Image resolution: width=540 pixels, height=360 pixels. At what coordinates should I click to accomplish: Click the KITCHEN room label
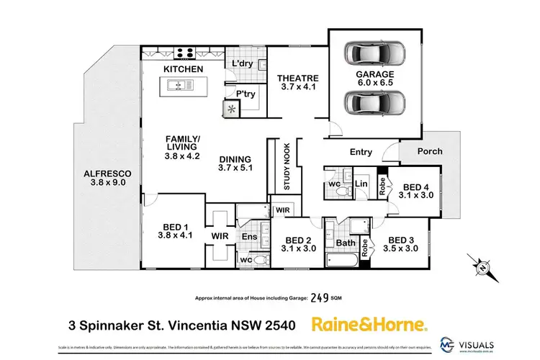coord(183,69)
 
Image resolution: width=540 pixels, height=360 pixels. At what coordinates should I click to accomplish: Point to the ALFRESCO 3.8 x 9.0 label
coord(107,177)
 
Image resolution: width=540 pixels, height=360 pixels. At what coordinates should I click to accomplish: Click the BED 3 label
coord(402,244)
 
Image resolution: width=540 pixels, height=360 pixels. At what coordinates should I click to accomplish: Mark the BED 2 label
coord(298,244)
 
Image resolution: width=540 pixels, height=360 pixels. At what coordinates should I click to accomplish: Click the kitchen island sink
coord(177,86)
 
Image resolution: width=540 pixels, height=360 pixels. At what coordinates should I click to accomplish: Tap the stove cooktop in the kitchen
coord(183,53)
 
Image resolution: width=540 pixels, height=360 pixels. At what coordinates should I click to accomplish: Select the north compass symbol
coord(481,266)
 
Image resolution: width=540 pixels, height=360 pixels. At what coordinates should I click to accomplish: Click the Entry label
coord(361,152)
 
